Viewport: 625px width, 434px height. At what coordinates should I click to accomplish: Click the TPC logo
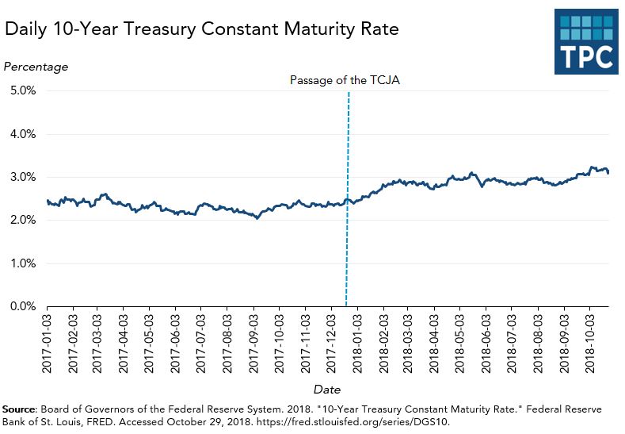click(x=586, y=44)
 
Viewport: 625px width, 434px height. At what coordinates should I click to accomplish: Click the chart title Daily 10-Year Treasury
click(x=201, y=30)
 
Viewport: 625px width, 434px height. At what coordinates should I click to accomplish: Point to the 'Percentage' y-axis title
click(x=36, y=67)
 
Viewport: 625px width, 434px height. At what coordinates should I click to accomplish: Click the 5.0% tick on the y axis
click(x=23, y=90)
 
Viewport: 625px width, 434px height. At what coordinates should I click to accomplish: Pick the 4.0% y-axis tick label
click(x=23, y=134)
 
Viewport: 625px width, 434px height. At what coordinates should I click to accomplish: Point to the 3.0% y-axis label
click(x=23, y=177)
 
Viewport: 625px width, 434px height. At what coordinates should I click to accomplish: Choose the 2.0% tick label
click(x=23, y=220)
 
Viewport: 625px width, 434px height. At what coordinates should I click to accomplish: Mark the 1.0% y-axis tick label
click(x=23, y=263)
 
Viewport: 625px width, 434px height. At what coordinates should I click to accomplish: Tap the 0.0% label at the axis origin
click(x=23, y=306)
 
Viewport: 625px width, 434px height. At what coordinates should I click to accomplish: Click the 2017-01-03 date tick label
click(x=48, y=342)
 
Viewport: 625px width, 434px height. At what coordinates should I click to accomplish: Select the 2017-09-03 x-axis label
click(x=253, y=342)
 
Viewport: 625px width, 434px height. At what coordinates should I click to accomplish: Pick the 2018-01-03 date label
click(x=357, y=342)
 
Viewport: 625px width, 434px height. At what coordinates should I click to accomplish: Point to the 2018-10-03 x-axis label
click(x=589, y=342)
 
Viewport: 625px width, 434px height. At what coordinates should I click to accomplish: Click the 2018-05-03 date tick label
click(x=460, y=342)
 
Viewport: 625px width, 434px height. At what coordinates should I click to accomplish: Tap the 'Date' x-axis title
click(x=326, y=390)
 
